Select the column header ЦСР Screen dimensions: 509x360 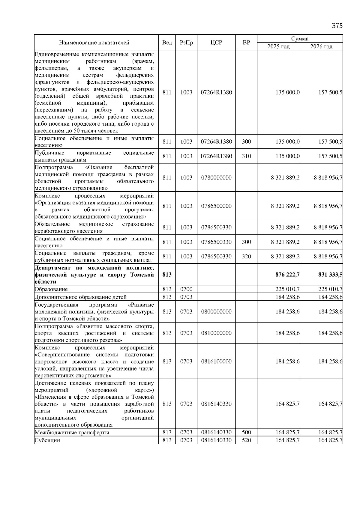(216, 43)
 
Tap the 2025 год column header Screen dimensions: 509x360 (278, 46)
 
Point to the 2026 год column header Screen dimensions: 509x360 (321, 46)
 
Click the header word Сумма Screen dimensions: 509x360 (300, 39)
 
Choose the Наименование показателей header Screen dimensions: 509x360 (94, 43)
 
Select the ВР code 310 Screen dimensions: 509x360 (246, 156)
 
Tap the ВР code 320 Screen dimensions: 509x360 (246, 257)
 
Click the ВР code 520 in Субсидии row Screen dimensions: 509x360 (246, 440)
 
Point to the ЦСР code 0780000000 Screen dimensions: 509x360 (216, 178)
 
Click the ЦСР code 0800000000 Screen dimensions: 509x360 (216, 312)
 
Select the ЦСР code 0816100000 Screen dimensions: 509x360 (216, 362)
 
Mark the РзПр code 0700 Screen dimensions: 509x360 (186, 289)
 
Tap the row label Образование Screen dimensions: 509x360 (51, 289)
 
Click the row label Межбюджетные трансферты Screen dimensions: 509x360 (72, 433)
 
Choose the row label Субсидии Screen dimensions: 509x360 (47, 440)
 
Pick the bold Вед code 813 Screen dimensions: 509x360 (167, 275)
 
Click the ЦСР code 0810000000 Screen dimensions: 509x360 (216, 333)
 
